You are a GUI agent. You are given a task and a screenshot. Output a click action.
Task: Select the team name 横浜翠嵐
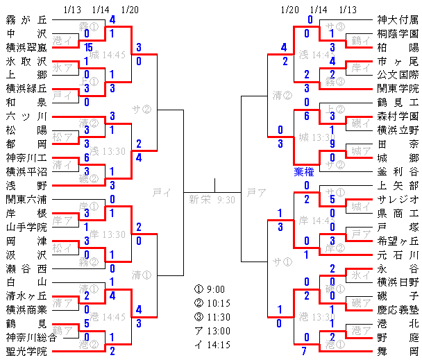(27, 47)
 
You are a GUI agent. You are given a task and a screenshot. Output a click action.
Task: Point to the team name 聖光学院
(27, 350)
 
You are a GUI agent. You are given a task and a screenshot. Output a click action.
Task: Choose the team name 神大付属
(398, 20)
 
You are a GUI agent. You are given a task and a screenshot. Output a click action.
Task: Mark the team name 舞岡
(398, 350)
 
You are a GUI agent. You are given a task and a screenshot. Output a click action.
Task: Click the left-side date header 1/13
(71, 9)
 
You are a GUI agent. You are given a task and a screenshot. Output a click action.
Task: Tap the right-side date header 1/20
(289, 9)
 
